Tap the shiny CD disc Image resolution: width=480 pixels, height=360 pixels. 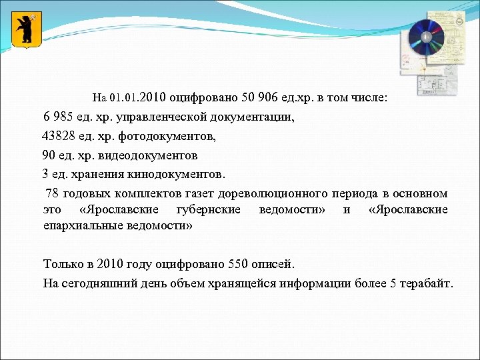[425, 38]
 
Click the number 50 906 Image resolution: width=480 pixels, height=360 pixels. [247, 97]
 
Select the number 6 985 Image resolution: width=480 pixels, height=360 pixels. [57, 117]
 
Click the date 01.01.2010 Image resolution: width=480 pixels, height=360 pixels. [138, 97]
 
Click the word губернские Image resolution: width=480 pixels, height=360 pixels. [209, 210]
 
